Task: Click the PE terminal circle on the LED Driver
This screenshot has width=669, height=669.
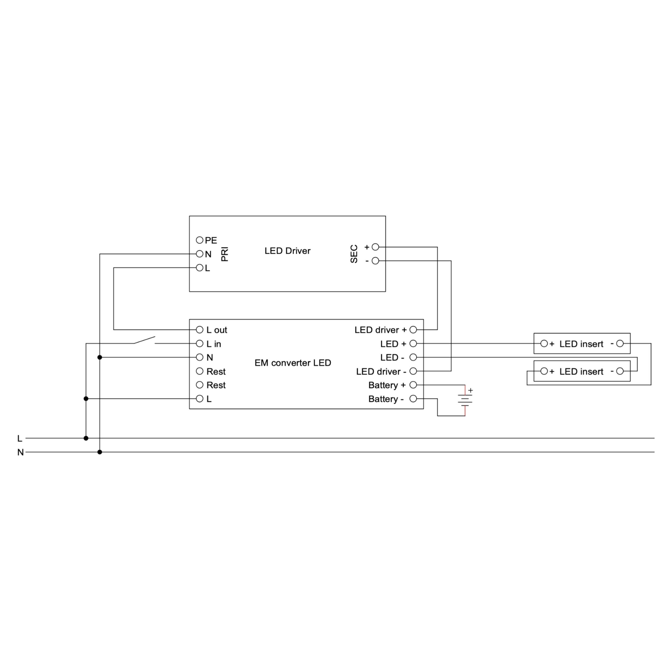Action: click(199, 240)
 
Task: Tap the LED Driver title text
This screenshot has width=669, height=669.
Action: click(287, 251)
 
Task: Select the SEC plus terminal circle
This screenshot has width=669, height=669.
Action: click(375, 247)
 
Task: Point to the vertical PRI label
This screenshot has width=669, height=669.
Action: click(225, 254)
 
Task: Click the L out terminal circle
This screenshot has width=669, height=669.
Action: click(199, 330)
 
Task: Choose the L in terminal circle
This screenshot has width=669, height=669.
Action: click(199, 344)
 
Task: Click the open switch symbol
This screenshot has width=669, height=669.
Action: click(145, 340)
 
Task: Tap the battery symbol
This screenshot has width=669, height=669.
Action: click(465, 400)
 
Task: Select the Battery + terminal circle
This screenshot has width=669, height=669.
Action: click(413, 385)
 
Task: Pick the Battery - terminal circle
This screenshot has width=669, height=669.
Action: click(413, 398)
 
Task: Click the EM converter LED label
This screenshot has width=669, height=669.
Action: click(292, 363)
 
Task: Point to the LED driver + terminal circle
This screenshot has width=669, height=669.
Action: click(413, 330)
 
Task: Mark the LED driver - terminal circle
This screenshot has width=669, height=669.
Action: click(413, 371)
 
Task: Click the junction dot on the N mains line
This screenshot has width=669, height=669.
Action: click(100, 452)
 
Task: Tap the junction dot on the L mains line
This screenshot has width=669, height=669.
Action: click(86, 438)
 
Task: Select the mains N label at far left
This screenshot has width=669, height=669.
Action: click(20, 452)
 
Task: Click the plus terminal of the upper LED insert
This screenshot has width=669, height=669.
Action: click(544, 344)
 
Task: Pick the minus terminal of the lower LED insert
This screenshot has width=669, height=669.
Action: click(620, 371)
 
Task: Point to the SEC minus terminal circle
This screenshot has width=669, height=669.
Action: click(375, 261)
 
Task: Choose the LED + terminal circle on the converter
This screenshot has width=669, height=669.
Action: click(413, 344)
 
